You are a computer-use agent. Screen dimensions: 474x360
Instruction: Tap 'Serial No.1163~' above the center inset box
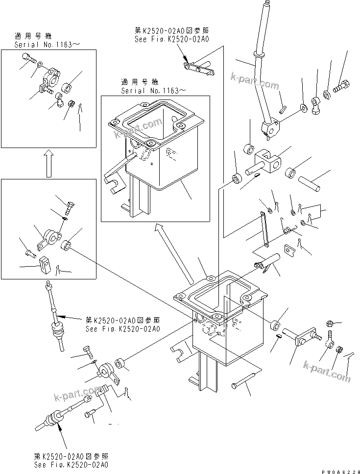point(153,91)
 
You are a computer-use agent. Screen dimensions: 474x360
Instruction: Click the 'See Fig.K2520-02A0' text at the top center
point(171,39)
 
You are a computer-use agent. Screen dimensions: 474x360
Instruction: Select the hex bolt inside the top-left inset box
point(29,58)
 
